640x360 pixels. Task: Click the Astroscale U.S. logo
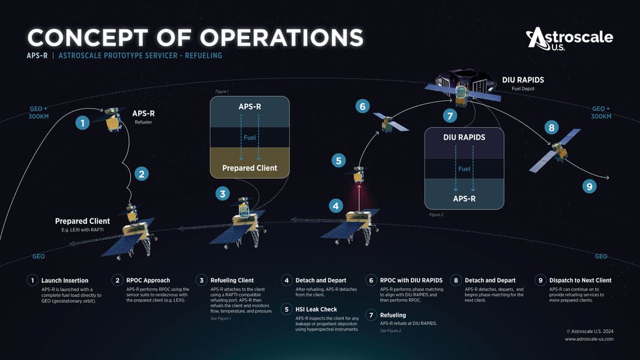pos(569,39)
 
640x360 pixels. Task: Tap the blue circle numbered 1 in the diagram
pos(82,123)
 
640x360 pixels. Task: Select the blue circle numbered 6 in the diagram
pos(363,106)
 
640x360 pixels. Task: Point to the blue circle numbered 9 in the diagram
pos(590,187)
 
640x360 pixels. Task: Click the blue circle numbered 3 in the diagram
pos(223,193)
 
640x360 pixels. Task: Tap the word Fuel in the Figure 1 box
pos(250,138)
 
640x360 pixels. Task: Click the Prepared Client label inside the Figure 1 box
pos(250,168)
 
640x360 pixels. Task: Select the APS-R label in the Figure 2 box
pos(464,199)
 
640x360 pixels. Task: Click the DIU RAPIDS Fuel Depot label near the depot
pos(523,83)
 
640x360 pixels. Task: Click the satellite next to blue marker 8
pos(555,151)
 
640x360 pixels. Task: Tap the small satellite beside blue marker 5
pos(358,174)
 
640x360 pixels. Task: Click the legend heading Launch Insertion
pos(65,280)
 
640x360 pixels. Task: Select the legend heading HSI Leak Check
pos(316,310)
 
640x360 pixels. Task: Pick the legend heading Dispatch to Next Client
pos(581,280)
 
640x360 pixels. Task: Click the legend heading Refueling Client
pos(232,280)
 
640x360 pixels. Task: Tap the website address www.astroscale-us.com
pos(589,339)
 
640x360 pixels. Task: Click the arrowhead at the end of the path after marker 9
pos(608,178)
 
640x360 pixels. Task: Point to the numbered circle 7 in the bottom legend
pos(371,315)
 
